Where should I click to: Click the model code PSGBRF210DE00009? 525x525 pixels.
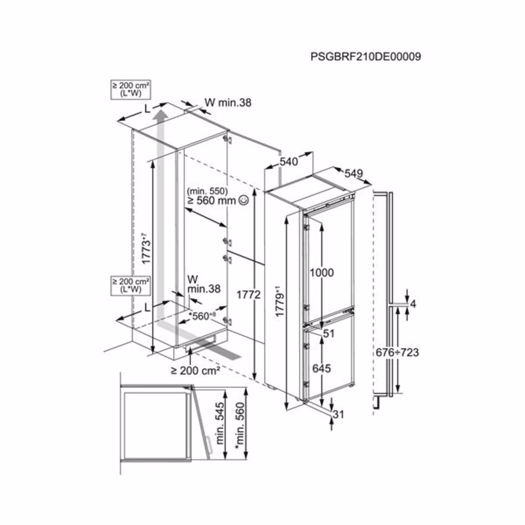pyautogui.click(x=366, y=56)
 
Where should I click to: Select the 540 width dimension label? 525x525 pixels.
pyautogui.click(x=289, y=161)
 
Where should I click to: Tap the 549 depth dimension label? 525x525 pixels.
pyautogui.click(x=354, y=173)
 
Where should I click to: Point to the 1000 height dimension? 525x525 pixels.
pyautogui.click(x=321, y=273)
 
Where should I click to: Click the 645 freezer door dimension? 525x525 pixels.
pyautogui.click(x=321, y=368)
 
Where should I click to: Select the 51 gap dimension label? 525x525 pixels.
pyautogui.click(x=329, y=333)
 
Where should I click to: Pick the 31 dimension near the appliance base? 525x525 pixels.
pyautogui.click(x=338, y=414)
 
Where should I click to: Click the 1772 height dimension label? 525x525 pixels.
pyautogui.click(x=249, y=295)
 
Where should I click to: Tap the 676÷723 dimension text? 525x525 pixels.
pyautogui.click(x=397, y=352)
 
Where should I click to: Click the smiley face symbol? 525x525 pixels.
pyautogui.click(x=244, y=200)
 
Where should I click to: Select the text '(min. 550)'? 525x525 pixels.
pyautogui.click(x=208, y=191)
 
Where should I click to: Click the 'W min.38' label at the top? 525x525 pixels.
pyautogui.click(x=228, y=102)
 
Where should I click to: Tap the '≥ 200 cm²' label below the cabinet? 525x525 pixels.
pyautogui.click(x=195, y=371)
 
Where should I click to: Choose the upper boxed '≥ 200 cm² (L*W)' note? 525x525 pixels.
pyautogui.click(x=131, y=89)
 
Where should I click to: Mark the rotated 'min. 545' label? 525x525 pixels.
pyautogui.click(x=219, y=423)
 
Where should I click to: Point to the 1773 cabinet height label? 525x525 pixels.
pyautogui.click(x=146, y=248)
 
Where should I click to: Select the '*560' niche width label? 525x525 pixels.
pyautogui.click(x=202, y=316)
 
